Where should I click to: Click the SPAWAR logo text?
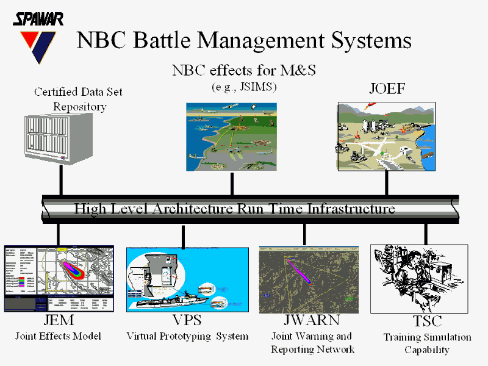tap(38, 20)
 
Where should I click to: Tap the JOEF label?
tap(387, 89)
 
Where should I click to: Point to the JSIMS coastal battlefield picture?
tap(231, 137)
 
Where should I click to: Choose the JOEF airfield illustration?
tap(387, 136)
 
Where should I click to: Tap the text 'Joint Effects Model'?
tap(58, 336)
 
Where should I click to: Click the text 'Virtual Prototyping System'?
tap(187, 336)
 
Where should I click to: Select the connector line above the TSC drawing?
tap(425, 233)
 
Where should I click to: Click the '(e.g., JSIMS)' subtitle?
tap(244, 87)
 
